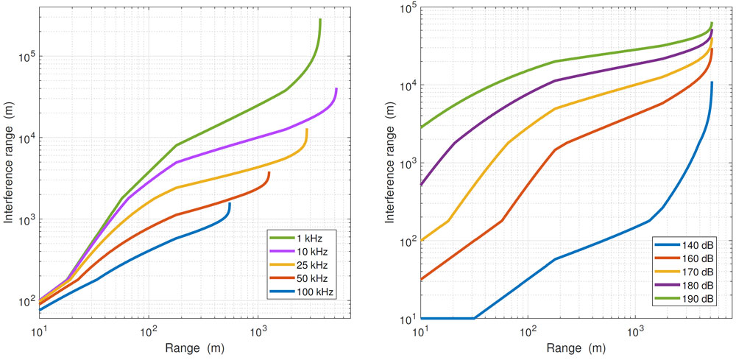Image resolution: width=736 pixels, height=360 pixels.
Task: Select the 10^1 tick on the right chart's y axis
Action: pos(408,319)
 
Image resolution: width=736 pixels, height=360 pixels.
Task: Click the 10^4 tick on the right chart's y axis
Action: pos(408,85)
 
